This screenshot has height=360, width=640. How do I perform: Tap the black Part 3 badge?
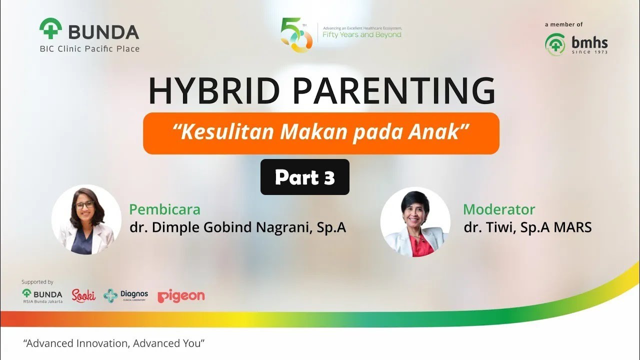pyautogui.click(x=304, y=177)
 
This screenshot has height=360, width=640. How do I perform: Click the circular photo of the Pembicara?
pyautogui.click(x=86, y=219)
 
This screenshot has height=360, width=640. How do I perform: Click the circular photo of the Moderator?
pyautogui.click(x=415, y=222)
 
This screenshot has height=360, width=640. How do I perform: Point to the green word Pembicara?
pyautogui.click(x=164, y=209)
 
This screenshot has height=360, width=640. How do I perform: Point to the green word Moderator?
pyautogui.click(x=498, y=209)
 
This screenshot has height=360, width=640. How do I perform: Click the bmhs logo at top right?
pyautogui.click(x=576, y=44)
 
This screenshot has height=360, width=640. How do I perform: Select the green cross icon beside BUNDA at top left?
pyautogui.click(x=50, y=29)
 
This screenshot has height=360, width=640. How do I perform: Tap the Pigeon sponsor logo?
pyautogui.click(x=181, y=296)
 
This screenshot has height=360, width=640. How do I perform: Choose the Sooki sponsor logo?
pyautogui.click(x=83, y=295)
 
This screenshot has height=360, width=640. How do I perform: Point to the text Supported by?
pyautogui.click(x=37, y=282)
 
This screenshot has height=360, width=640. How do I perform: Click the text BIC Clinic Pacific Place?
pyautogui.click(x=89, y=48)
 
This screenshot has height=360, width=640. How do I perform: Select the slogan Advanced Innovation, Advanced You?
pyautogui.click(x=114, y=343)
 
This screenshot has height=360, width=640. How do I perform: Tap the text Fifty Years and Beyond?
pyautogui.click(x=361, y=35)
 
